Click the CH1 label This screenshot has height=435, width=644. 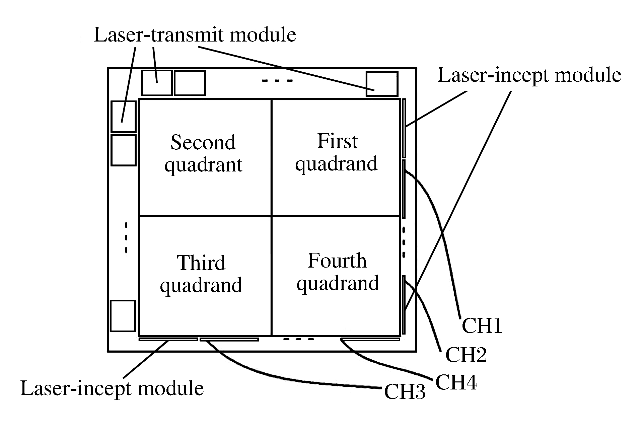[x=482, y=325]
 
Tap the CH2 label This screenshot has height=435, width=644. [x=466, y=355]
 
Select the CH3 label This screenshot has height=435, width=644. [x=405, y=391]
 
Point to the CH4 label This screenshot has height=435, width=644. [x=456, y=382]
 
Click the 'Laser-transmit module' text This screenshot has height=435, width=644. [x=195, y=35]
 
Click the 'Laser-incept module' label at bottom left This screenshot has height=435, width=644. [x=112, y=388]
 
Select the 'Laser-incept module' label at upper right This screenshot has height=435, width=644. [x=529, y=75]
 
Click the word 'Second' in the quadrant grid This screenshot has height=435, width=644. [x=203, y=142]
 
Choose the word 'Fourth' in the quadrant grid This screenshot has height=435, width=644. [x=337, y=261]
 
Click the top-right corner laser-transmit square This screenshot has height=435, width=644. [x=382, y=84]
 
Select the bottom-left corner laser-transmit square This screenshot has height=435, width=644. [x=123, y=316]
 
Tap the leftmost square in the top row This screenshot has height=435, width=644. [x=156, y=83]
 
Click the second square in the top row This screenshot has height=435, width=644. [x=190, y=83]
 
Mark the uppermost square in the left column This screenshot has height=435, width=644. [x=123, y=117]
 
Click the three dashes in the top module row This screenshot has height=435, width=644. [x=277, y=81]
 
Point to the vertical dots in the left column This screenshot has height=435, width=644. [x=126, y=237]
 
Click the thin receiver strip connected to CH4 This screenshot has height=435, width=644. [x=370, y=340]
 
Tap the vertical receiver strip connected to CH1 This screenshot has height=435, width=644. [x=404, y=189]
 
